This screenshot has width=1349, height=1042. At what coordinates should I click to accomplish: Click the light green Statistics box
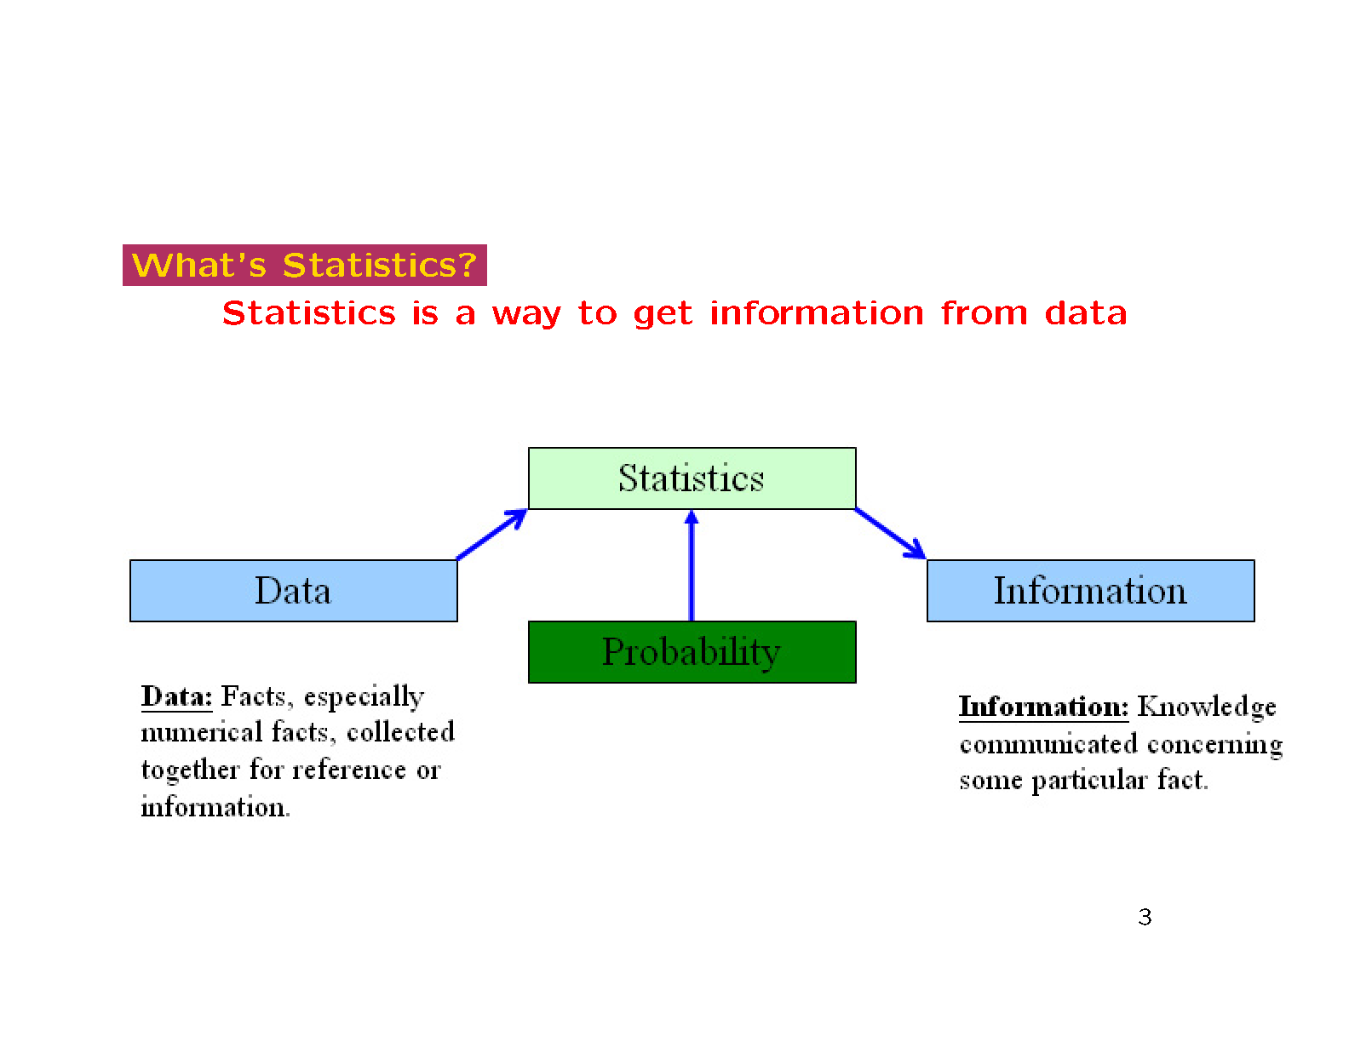coord(692,478)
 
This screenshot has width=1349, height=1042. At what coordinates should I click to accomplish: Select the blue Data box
coord(294,590)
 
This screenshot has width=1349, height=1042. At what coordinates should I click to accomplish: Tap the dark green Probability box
coord(692,651)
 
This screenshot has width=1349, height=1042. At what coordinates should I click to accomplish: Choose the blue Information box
coord(1090,590)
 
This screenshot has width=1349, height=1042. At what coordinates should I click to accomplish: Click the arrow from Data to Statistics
coord(491,535)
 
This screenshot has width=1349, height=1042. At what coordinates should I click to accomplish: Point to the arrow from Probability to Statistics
coord(692,565)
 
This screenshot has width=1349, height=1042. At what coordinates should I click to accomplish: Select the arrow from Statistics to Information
coord(891,534)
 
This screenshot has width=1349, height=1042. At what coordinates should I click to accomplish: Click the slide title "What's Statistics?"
coord(304,265)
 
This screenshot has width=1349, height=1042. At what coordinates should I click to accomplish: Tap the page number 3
coord(1145,917)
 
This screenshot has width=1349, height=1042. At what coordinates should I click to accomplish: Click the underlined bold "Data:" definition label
coord(177,696)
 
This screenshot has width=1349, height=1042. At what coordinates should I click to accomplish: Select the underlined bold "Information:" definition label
coord(1043,707)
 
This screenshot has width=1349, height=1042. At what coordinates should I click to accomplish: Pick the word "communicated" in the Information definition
coord(1048,744)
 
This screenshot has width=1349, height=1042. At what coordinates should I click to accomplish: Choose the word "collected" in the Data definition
coord(400,732)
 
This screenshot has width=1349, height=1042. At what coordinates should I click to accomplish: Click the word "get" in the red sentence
coord(663,314)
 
